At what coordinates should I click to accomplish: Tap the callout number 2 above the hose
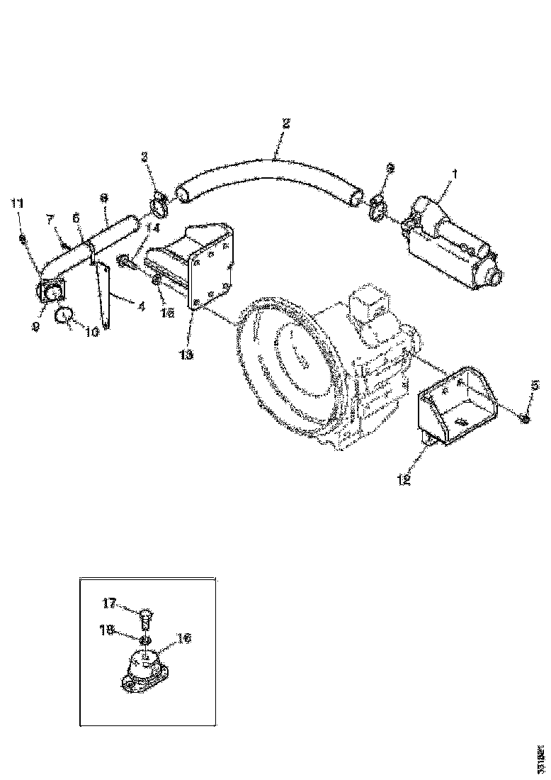coord(285,123)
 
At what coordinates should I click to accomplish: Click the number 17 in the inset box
coord(110,603)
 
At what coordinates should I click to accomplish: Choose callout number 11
coord(17,204)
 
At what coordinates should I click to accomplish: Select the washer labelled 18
coord(144,640)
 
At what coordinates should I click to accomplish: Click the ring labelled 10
coord(67,316)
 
